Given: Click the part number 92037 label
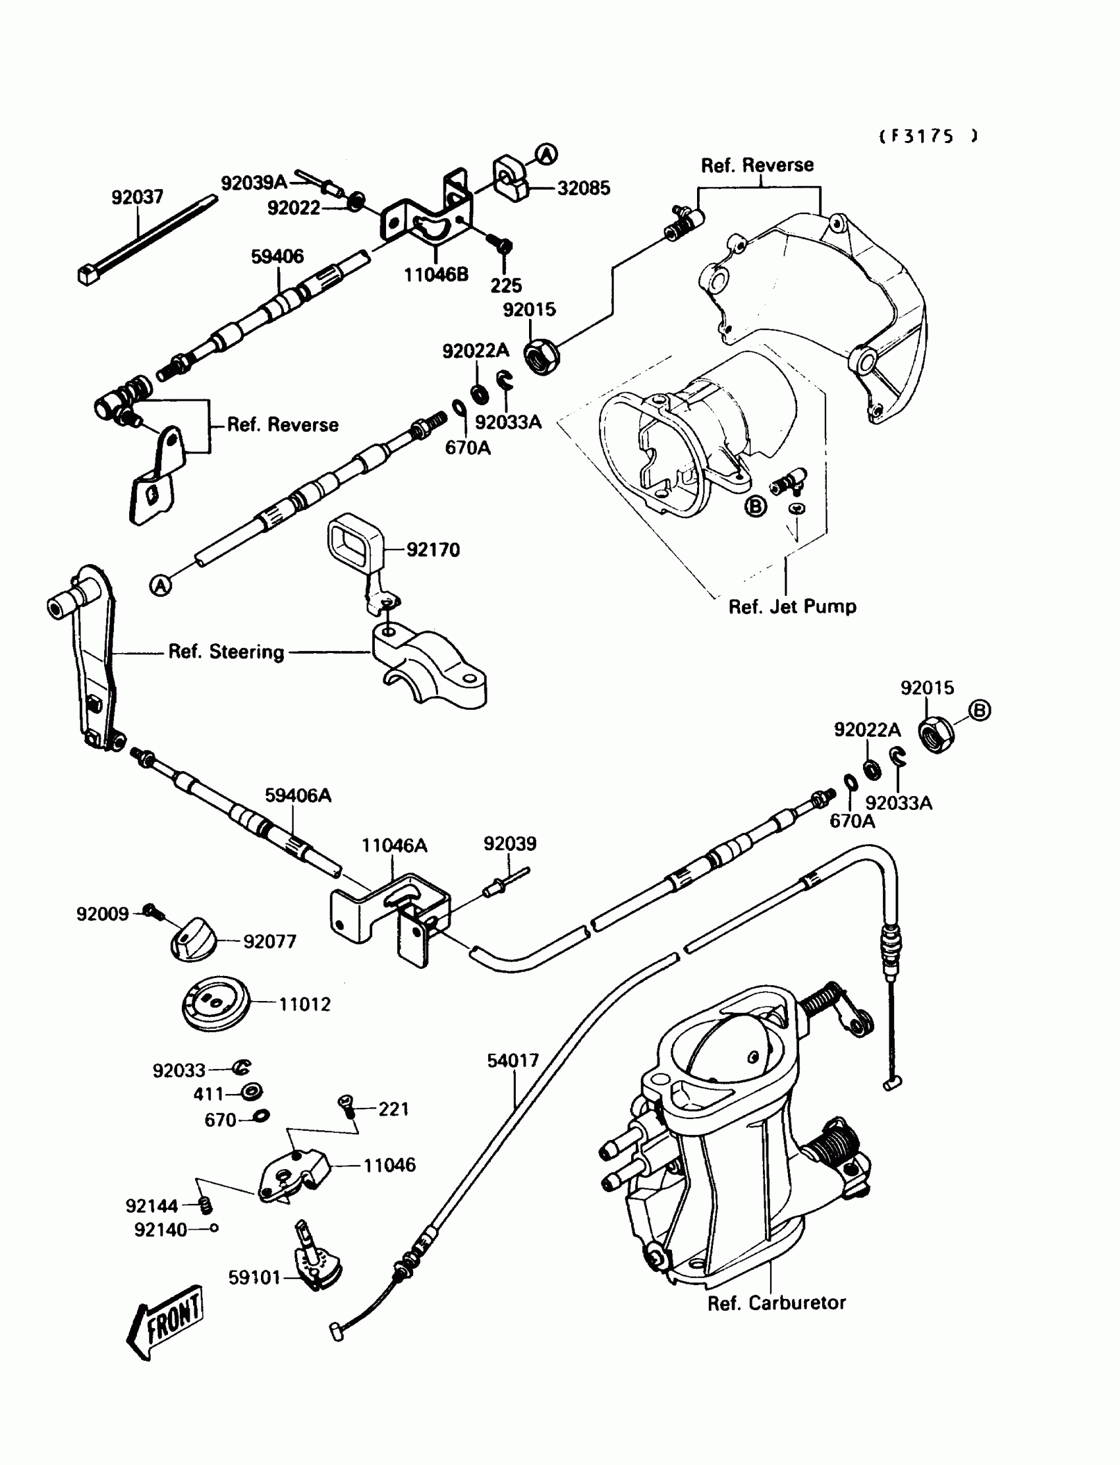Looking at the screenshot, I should (136, 198).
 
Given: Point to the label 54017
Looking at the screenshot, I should (512, 1061).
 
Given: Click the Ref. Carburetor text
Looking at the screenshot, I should (776, 1302).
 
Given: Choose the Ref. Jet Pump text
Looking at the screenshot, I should (792, 607).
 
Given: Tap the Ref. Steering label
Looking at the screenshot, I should (226, 652).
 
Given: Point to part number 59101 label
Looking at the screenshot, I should (254, 1278).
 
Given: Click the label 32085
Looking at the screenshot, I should (583, 188).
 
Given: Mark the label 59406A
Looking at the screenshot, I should (297, 795).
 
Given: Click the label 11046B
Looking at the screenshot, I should (436, 275).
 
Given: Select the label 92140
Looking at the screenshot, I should (160, 1230).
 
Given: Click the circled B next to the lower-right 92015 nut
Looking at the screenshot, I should (978, 711).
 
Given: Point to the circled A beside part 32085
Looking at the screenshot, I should (547, 155).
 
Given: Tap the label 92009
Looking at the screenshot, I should (102, 914).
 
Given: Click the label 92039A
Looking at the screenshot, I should (254, 183).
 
